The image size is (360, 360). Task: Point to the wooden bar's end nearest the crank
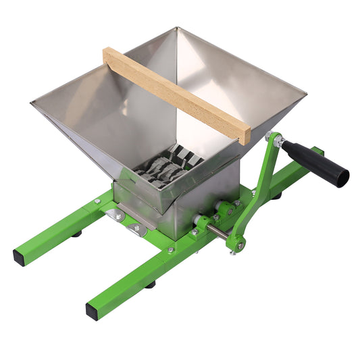[x=245, y=134]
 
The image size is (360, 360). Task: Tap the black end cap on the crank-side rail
[x=92, y=311]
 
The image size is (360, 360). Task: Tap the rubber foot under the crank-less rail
[x=78, y=233]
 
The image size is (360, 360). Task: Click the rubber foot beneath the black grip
[x=277, y=196]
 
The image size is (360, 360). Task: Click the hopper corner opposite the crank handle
[x=32, y=103]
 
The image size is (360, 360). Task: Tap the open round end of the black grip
[x=342, y=177]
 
